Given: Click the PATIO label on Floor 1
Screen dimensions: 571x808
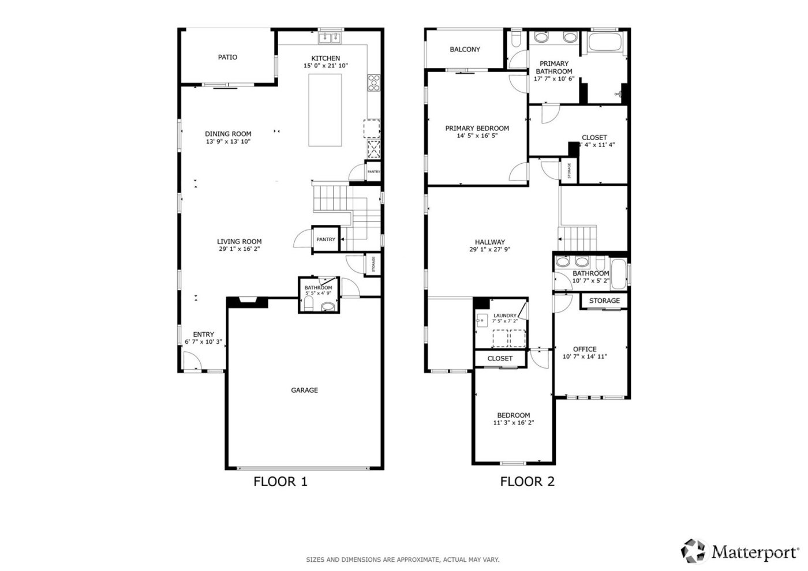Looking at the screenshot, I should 227,57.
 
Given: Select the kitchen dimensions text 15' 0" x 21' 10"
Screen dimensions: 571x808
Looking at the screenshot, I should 326,66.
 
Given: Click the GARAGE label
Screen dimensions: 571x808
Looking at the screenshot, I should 304,390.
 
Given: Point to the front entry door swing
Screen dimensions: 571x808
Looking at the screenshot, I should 190,362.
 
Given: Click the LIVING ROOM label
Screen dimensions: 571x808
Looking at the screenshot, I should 239,242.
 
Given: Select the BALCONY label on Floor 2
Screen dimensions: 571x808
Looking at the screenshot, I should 465,50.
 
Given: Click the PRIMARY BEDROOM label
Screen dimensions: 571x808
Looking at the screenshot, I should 477,128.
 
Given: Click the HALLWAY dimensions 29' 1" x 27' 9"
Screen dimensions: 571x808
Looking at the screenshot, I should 489,250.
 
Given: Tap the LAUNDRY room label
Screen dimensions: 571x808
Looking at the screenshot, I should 504,315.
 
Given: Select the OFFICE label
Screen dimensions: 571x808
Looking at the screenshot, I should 585,349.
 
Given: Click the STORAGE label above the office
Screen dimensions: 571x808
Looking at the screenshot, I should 604,300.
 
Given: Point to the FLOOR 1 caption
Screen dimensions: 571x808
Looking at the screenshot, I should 280,482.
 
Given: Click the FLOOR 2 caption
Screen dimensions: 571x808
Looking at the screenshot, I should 527,482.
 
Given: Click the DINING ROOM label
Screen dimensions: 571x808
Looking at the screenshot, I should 228,134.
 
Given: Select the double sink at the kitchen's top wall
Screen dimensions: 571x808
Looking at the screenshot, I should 330,37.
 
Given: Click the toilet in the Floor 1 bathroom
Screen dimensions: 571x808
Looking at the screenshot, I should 308,305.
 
